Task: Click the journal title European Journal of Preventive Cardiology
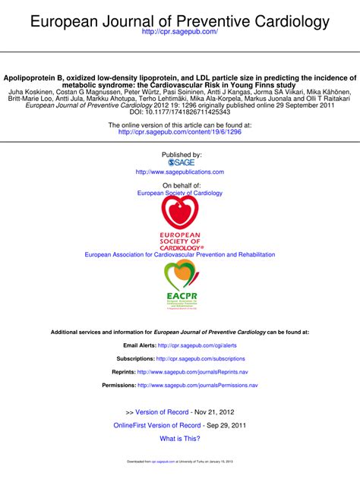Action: (x=180, y=22)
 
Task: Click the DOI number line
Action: (x=180, y=112)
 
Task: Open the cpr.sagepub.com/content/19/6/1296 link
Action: (x=179, y=131)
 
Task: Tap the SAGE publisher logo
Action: (x=180, y=162)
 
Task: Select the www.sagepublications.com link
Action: (x=180, y=172)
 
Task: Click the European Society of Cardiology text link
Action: (x=180, y=193)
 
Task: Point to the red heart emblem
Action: (x=180, y=213)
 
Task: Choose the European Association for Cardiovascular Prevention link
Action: (x=180, y=255)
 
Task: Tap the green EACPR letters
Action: (x=180, y=296)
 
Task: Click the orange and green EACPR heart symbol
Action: (x=180, y=274)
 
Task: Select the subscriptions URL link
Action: (x=201, y=358)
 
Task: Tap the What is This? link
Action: (x=180, y=439)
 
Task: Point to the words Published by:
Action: (x=180, y=154)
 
